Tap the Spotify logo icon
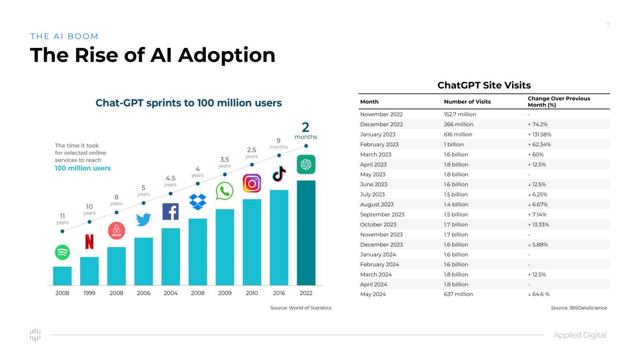(62, 252)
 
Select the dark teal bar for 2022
(306, 232)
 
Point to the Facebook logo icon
(170, 211)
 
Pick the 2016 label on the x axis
(279, 293)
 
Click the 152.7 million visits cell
(460, 114)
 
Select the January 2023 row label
(378, 135)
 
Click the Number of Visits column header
(467, 102)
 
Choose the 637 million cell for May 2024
(459, 294)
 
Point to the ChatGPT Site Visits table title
(484, 85)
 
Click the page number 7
(608, 25)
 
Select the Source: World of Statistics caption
(301, 308)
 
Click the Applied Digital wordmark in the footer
(580, 335)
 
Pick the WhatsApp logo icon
(225, 191)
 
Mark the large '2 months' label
(306, 131)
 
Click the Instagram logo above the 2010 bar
(252, 183)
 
